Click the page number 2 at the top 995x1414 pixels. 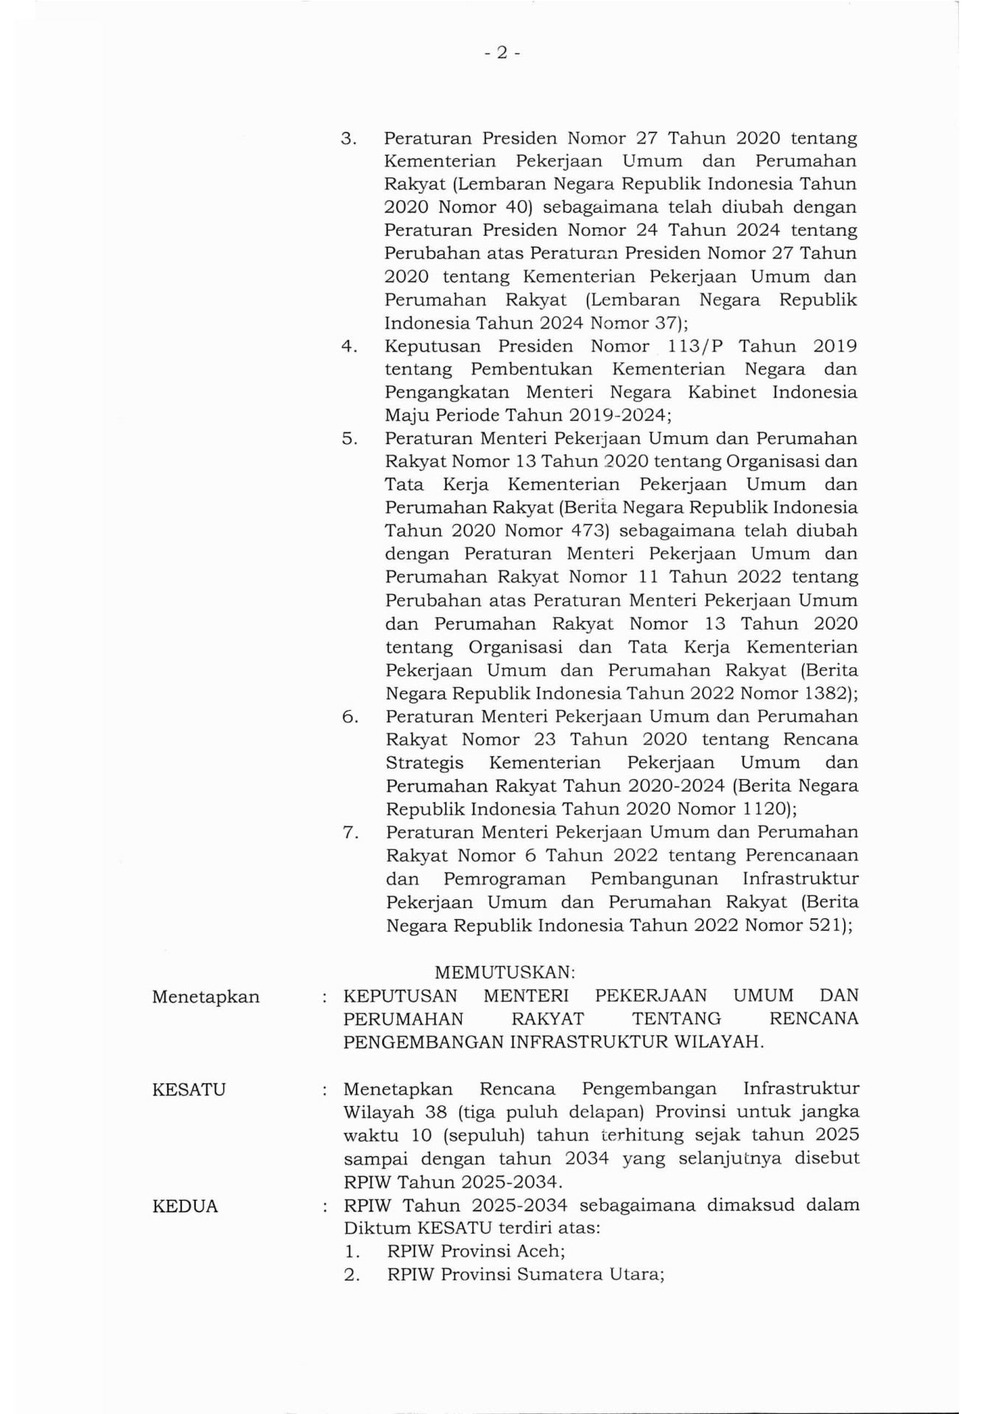502,52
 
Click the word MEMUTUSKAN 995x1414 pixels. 504,972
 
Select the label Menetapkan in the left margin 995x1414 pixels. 205,997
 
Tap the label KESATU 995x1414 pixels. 189,1089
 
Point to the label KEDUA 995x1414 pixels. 185,1206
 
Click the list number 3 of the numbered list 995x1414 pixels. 348,138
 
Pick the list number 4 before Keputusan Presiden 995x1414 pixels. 348,346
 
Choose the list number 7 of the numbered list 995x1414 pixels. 350,833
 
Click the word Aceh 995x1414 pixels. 537,1251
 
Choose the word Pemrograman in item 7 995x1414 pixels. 504,879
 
